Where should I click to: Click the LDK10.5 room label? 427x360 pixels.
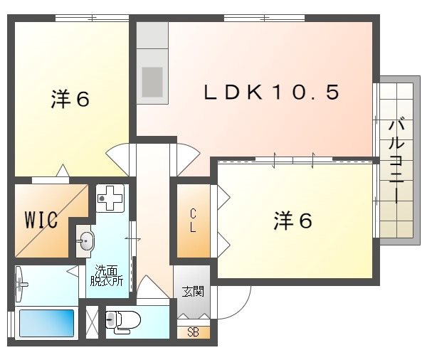click(271, 92)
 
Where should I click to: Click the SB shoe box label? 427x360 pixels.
click(193, 332)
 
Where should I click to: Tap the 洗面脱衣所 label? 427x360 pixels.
click(105, 275)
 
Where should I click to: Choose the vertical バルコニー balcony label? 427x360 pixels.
click(395, 161)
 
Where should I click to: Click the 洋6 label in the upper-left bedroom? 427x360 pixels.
click(69, 100)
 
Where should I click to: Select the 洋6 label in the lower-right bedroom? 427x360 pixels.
click(292, 221)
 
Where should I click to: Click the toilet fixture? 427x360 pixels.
click(124, 322)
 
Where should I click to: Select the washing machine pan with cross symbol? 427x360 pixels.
click(110, 198)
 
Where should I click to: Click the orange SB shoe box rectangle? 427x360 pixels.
click(193, 332)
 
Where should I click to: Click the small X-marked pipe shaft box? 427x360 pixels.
click(91, 321)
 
